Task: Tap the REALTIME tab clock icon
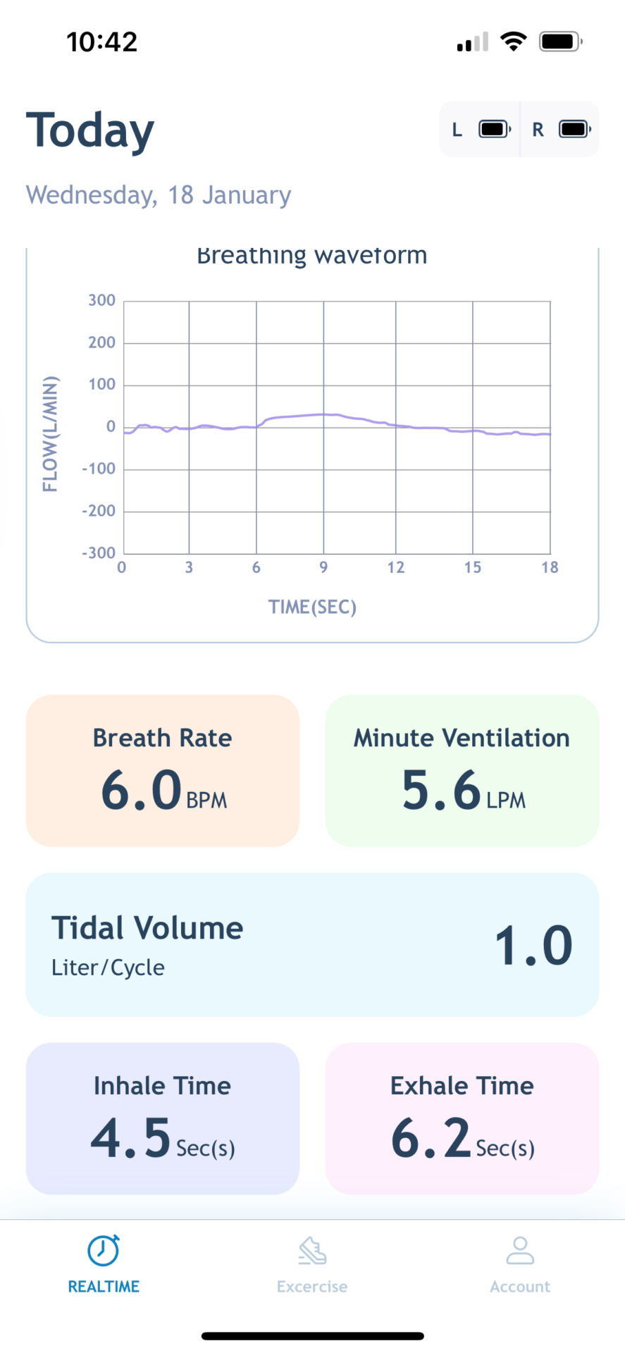pos(104,1251)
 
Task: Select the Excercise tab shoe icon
pos(312,1251)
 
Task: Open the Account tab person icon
pos(520,1251)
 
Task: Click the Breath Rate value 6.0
pos(142,789)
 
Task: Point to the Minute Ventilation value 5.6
pos(441,789)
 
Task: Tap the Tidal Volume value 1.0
pos(533,946)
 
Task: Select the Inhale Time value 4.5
pos(131,1137)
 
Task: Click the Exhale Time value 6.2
pos(431,1137)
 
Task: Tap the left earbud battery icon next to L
pos(495,129)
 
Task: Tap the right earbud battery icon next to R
pos(575,129)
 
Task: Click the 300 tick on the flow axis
pos(101,300)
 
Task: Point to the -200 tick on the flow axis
pos(99,511)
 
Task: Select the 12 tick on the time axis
pos(396,567)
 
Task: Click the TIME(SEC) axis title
pos(312,607)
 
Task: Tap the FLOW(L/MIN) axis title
pos(50,434)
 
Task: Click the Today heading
pos(90,130)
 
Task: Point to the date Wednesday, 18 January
pos(159,194)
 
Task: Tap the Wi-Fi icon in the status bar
pos(514,42)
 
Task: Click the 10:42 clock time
pos(102,42)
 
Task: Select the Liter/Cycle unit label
pos(108,968)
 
